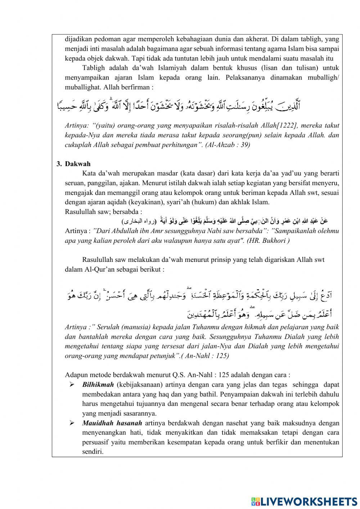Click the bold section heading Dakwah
point(77,164)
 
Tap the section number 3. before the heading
point(59,164)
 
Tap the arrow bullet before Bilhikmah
point(72,385)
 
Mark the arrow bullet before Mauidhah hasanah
point(72,423)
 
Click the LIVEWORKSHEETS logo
point(304,501)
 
